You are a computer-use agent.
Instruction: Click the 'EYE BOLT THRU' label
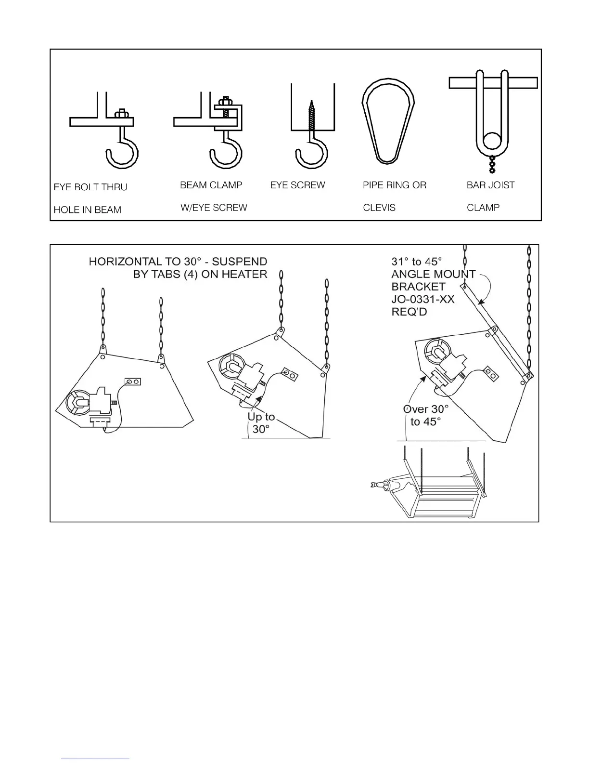pos(90,187)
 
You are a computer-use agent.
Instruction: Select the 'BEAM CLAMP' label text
pos(211,185)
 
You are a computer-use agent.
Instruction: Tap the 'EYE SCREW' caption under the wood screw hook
pos(298,185)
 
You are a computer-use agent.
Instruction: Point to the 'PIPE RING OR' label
pos(395,185)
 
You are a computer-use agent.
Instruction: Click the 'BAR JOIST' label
pos(490,185)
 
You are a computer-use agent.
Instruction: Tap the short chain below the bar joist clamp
pos(492,164)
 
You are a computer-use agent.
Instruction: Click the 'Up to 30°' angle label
pos(261,423)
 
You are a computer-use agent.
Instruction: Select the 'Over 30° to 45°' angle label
pos(426,415)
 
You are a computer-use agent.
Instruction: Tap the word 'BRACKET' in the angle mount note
pos(419,286)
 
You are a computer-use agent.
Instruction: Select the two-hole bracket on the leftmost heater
pos(133,381)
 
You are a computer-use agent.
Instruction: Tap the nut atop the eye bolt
pos(122,114)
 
